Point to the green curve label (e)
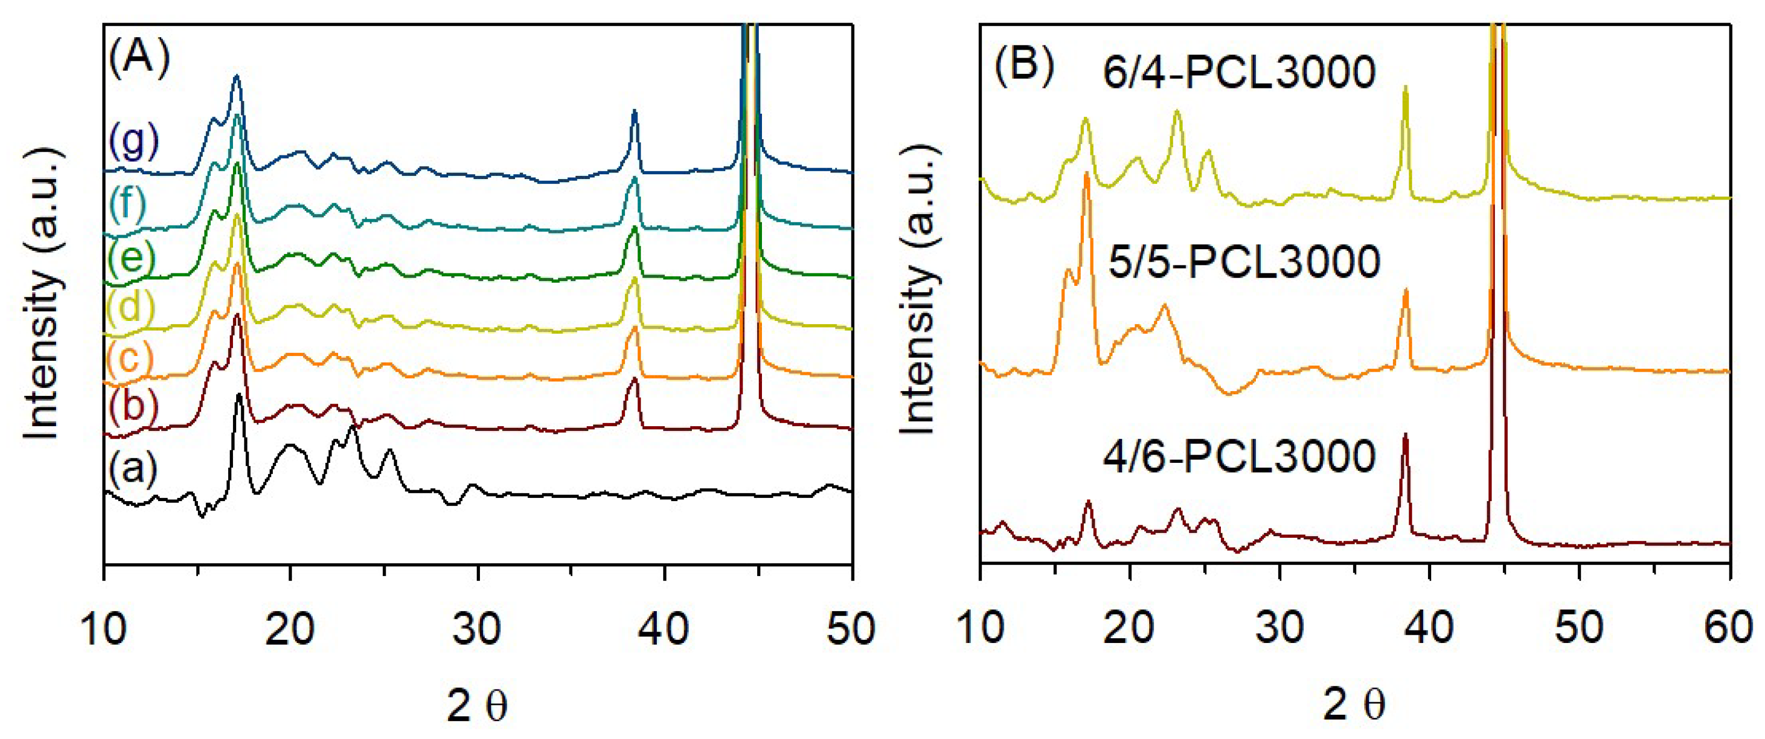[x=130, y=258]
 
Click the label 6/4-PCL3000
[x=1239, y=72]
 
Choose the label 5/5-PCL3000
[x=1244, y=262]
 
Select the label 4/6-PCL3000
[x=1239, y=456]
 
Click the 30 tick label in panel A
[x=477, y=628]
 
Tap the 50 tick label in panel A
[x=850, y=628]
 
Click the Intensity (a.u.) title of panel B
[x=918, y=291]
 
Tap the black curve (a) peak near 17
[x=238, y=396]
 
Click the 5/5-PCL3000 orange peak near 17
[x=1086, y=175]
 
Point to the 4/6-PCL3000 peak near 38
[x=1405, y=436]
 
